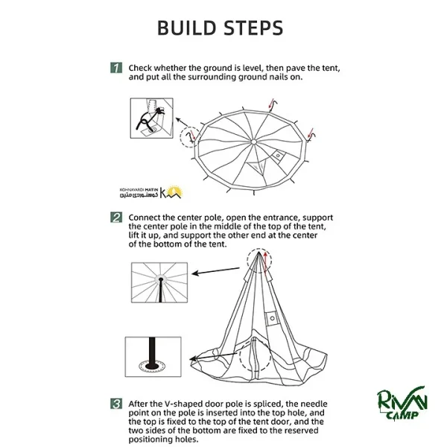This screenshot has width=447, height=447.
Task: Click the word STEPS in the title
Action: point(254,28)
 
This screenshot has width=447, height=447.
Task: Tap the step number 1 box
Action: point(116,67)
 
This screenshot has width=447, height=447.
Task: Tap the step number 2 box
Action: point(116,218)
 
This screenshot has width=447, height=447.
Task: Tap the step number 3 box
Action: point(116,405)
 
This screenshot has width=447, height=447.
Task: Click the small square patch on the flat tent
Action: point(280,156)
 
